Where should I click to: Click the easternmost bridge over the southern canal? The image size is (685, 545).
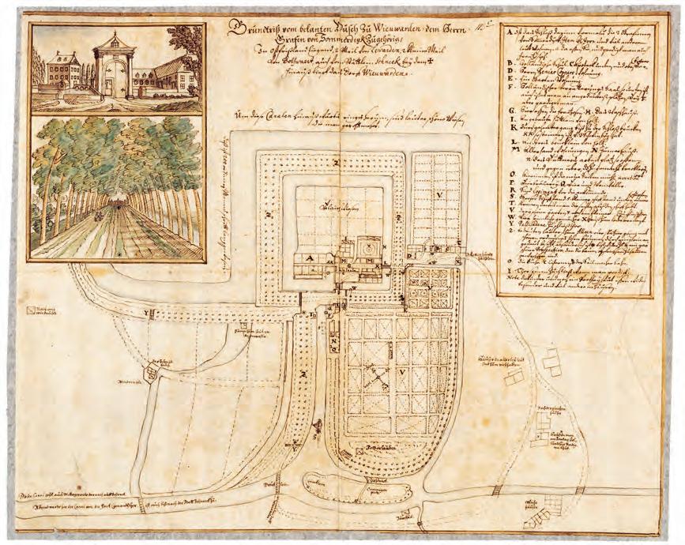tap(497, 491)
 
